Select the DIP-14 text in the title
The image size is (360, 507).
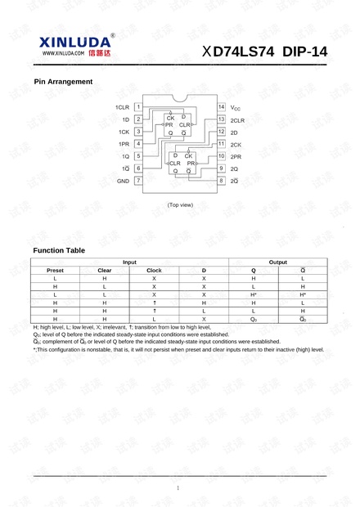coord(304,52)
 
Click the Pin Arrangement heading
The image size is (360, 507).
coord(63,82)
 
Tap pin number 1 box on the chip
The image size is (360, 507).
coord(139,106)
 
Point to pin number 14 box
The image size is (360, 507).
coord(221,107)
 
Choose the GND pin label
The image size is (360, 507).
coord(124,181)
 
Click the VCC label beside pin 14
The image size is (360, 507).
coord(235,108)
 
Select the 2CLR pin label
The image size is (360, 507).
coord(238,119)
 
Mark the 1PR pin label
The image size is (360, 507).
coord(124,144)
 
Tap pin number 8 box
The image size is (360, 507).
coord(221,180)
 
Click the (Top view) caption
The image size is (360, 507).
coord(180,204)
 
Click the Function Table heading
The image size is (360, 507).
coord(59,250)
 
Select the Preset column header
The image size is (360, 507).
coord(56,270)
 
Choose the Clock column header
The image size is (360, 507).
coord(154,270)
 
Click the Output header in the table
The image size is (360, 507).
coord(278,262)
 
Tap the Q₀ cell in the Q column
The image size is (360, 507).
coord(254,319)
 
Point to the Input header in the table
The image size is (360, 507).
coord(129,262)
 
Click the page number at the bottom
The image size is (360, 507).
coord(178,488)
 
